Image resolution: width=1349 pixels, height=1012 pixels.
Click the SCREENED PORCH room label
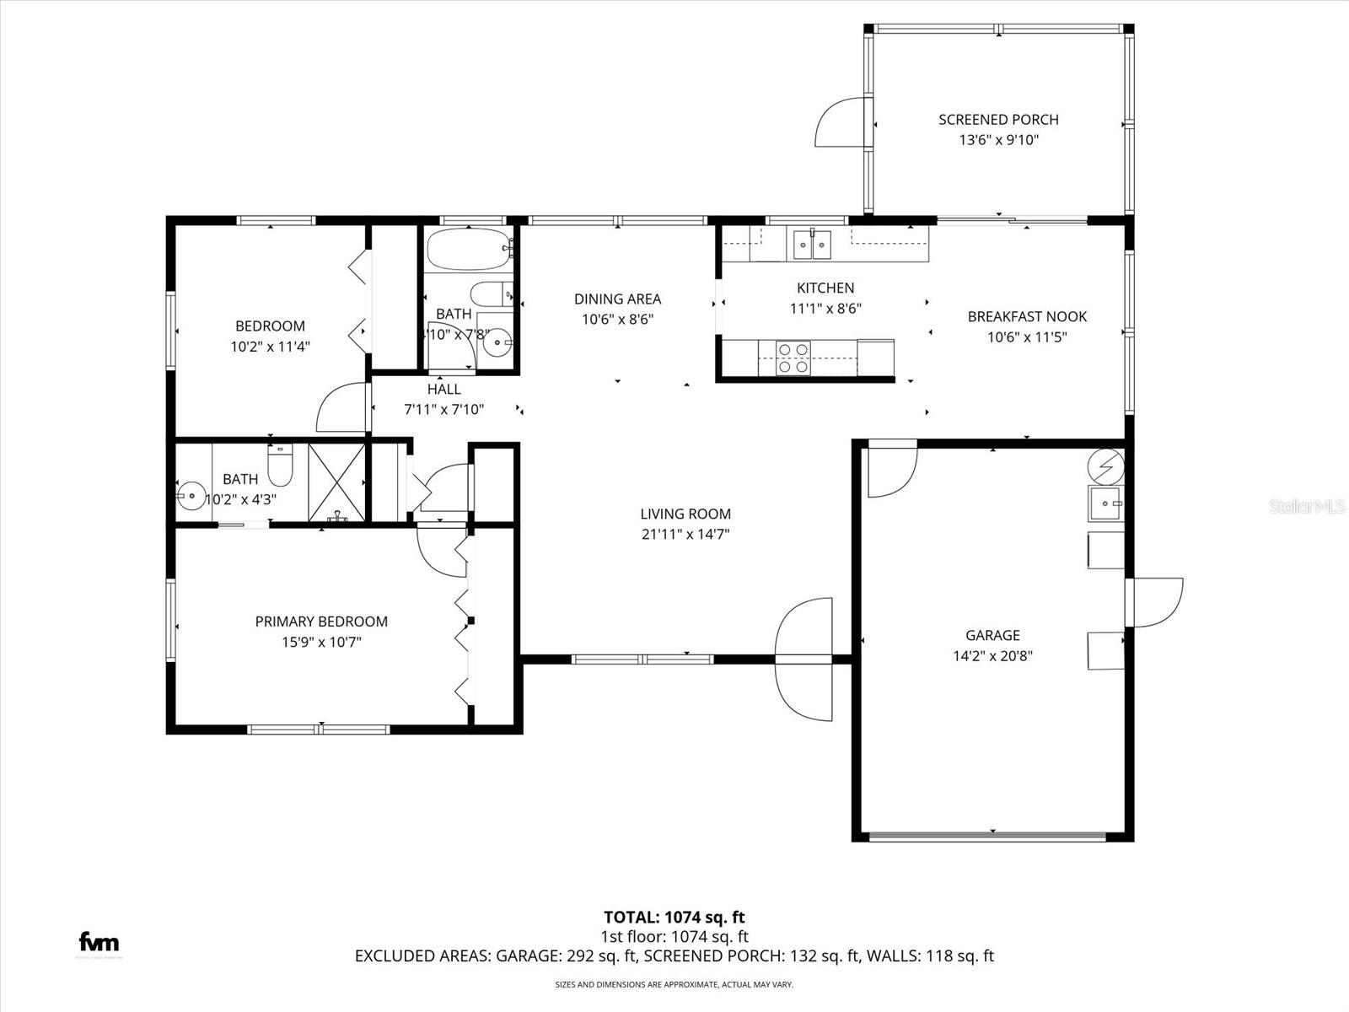tap(998, 120)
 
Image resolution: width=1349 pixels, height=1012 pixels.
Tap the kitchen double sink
tap(810, 245)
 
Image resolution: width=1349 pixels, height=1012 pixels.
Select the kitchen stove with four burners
tap(793, 357)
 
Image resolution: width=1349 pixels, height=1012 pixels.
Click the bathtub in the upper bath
tap(469, 248)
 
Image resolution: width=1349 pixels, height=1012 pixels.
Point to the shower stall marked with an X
tap(337, 482)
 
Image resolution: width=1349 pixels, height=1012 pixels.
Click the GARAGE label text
tap(992, 635)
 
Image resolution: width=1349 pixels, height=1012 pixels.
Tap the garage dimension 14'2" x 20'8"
tap(992, 656)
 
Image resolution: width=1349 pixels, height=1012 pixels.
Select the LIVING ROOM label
tap(685, 514)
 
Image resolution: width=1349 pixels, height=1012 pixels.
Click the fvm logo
tap(99, 942)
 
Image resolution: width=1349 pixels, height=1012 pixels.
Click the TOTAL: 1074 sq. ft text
tap(674, 917)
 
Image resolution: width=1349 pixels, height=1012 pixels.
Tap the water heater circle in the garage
tap(1105, 465)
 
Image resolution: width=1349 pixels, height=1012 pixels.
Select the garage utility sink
tap(1105, 503)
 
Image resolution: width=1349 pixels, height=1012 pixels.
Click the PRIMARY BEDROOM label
tap(321, 622)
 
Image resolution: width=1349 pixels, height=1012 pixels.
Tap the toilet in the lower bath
tap(279, 466)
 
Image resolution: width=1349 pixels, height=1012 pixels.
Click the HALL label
tap(443, 389)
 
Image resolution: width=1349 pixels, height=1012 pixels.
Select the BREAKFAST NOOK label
tap(1027, 316)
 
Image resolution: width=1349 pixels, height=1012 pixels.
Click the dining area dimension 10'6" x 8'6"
tap(617, 320)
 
